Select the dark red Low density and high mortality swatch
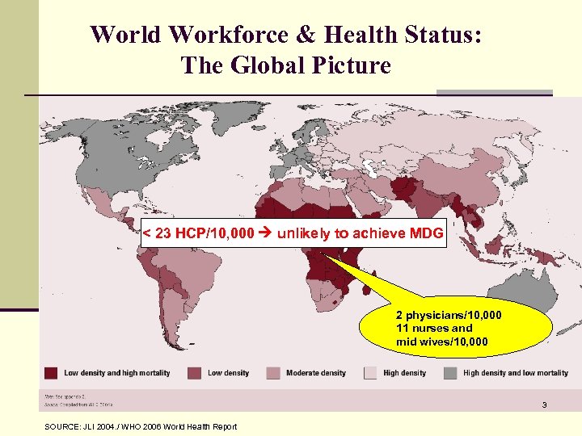(51, 373)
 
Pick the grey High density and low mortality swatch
(450, 373)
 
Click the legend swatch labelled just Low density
(195, 373)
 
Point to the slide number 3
(544, 405)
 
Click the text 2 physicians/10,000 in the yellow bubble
(448, 316)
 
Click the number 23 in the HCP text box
(165, 234)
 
